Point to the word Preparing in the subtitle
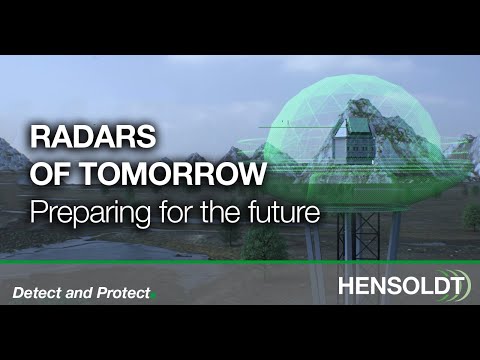coord(81,212)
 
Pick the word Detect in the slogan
coord(36,293)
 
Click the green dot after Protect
coord(155,296)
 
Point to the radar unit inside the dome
coord(360,140)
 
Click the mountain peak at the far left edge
coord(8,150)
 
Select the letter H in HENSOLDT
coord(347,287)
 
